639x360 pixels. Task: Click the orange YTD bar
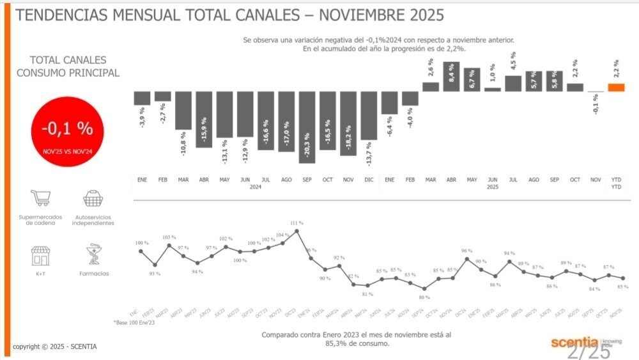click(x=616, y=88)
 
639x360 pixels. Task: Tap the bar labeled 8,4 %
click(x=452, y=77)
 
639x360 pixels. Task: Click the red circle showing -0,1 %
click(x=67, y=131)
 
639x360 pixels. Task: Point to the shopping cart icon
click(x=40, y=199)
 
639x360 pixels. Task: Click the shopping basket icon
click(x=93, y=199)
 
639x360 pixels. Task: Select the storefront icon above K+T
click(x=40, y=256)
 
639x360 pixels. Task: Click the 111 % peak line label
click(x=296, y=223)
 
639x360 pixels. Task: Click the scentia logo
click(x=575, y=343)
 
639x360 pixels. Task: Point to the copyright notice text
click(x=55, y=347)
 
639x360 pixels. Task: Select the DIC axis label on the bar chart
click(x=369, y=180)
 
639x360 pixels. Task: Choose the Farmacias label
click(x=94, y=274)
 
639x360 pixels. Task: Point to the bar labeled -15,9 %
click(x=204, y=120)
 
